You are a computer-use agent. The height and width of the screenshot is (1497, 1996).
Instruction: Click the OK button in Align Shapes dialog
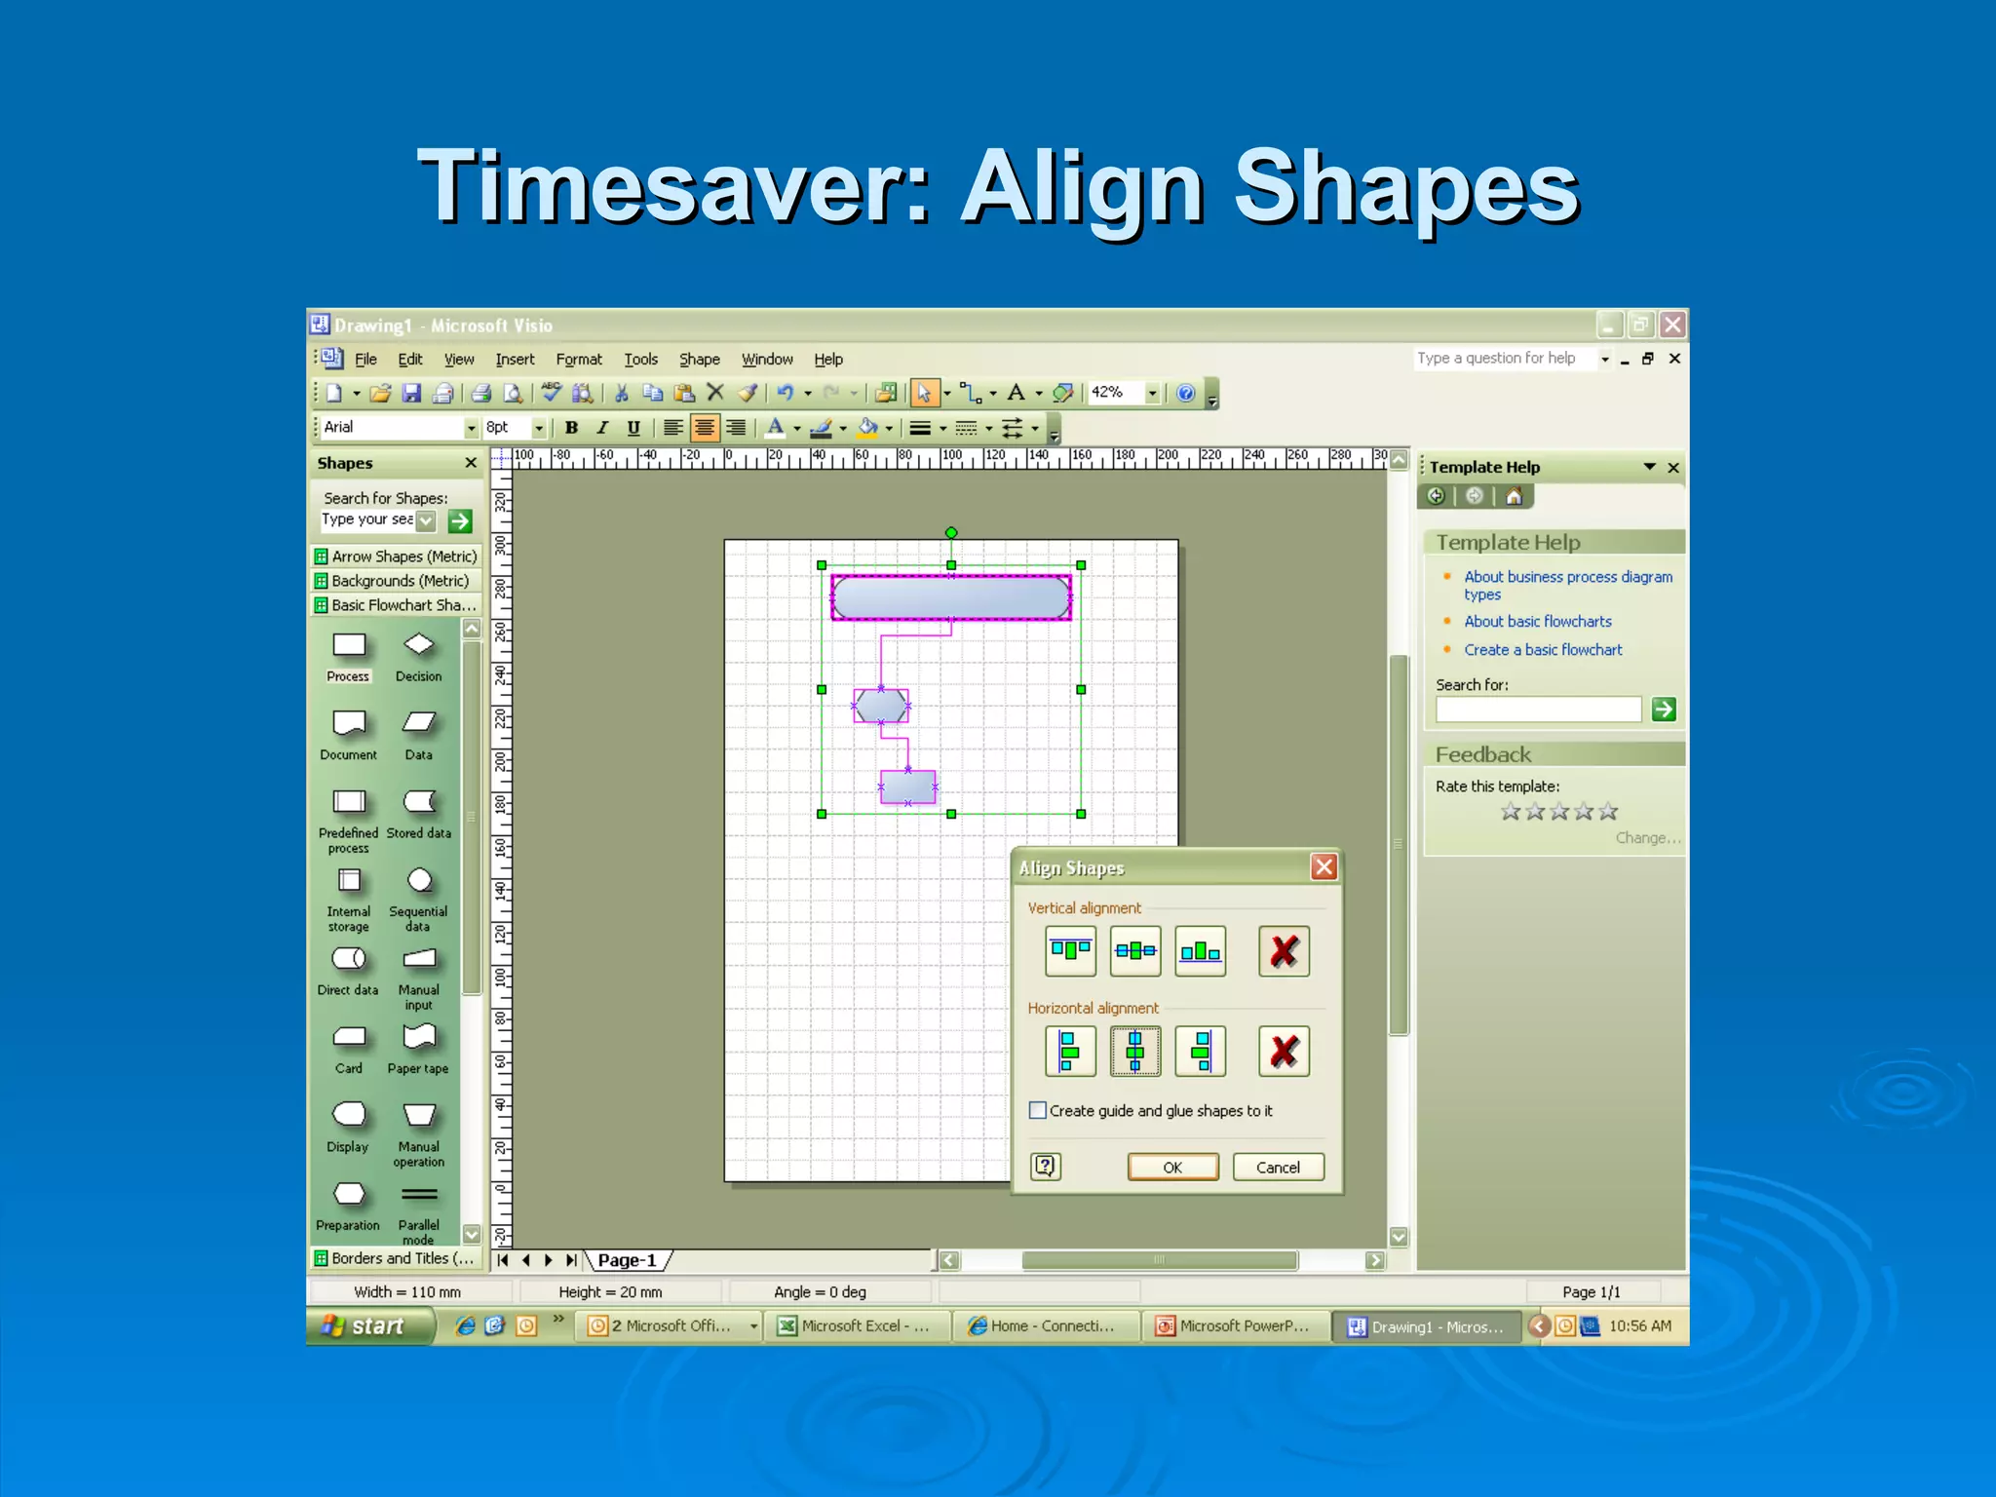pos(1172,1167)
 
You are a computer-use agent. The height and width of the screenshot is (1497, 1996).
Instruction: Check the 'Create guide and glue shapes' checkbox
pos(1039,1110)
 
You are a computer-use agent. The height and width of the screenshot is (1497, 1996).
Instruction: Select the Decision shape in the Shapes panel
pos(419,646)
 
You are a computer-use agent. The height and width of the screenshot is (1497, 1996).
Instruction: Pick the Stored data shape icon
pos(419,802)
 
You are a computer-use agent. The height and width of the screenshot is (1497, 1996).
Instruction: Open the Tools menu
pos(640,360)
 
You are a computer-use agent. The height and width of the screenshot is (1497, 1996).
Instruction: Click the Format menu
pos(579,360)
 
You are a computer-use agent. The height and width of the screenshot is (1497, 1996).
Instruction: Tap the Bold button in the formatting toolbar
pos(572,428)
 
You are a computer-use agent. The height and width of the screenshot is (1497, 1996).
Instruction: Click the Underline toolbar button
pos(633,428)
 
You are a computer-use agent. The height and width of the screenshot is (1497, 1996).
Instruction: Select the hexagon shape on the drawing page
pos(881,706)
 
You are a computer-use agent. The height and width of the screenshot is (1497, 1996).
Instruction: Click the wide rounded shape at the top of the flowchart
pos(950,597)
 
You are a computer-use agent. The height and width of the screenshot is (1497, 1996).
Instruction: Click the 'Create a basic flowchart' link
pos(1543,650)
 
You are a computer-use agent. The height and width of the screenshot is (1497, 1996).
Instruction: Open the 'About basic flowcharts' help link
pos(1537,622)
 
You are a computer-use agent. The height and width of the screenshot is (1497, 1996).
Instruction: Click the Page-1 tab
pos(627,1260)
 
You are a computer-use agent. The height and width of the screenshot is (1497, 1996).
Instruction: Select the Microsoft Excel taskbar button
pos(854,1326)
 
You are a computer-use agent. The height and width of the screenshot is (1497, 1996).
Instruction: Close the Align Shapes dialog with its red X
pos(1324,867)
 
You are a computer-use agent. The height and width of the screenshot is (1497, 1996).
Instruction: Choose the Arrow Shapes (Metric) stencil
pos(403,557)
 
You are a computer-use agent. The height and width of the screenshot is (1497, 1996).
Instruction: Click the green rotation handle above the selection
pos(951,532)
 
